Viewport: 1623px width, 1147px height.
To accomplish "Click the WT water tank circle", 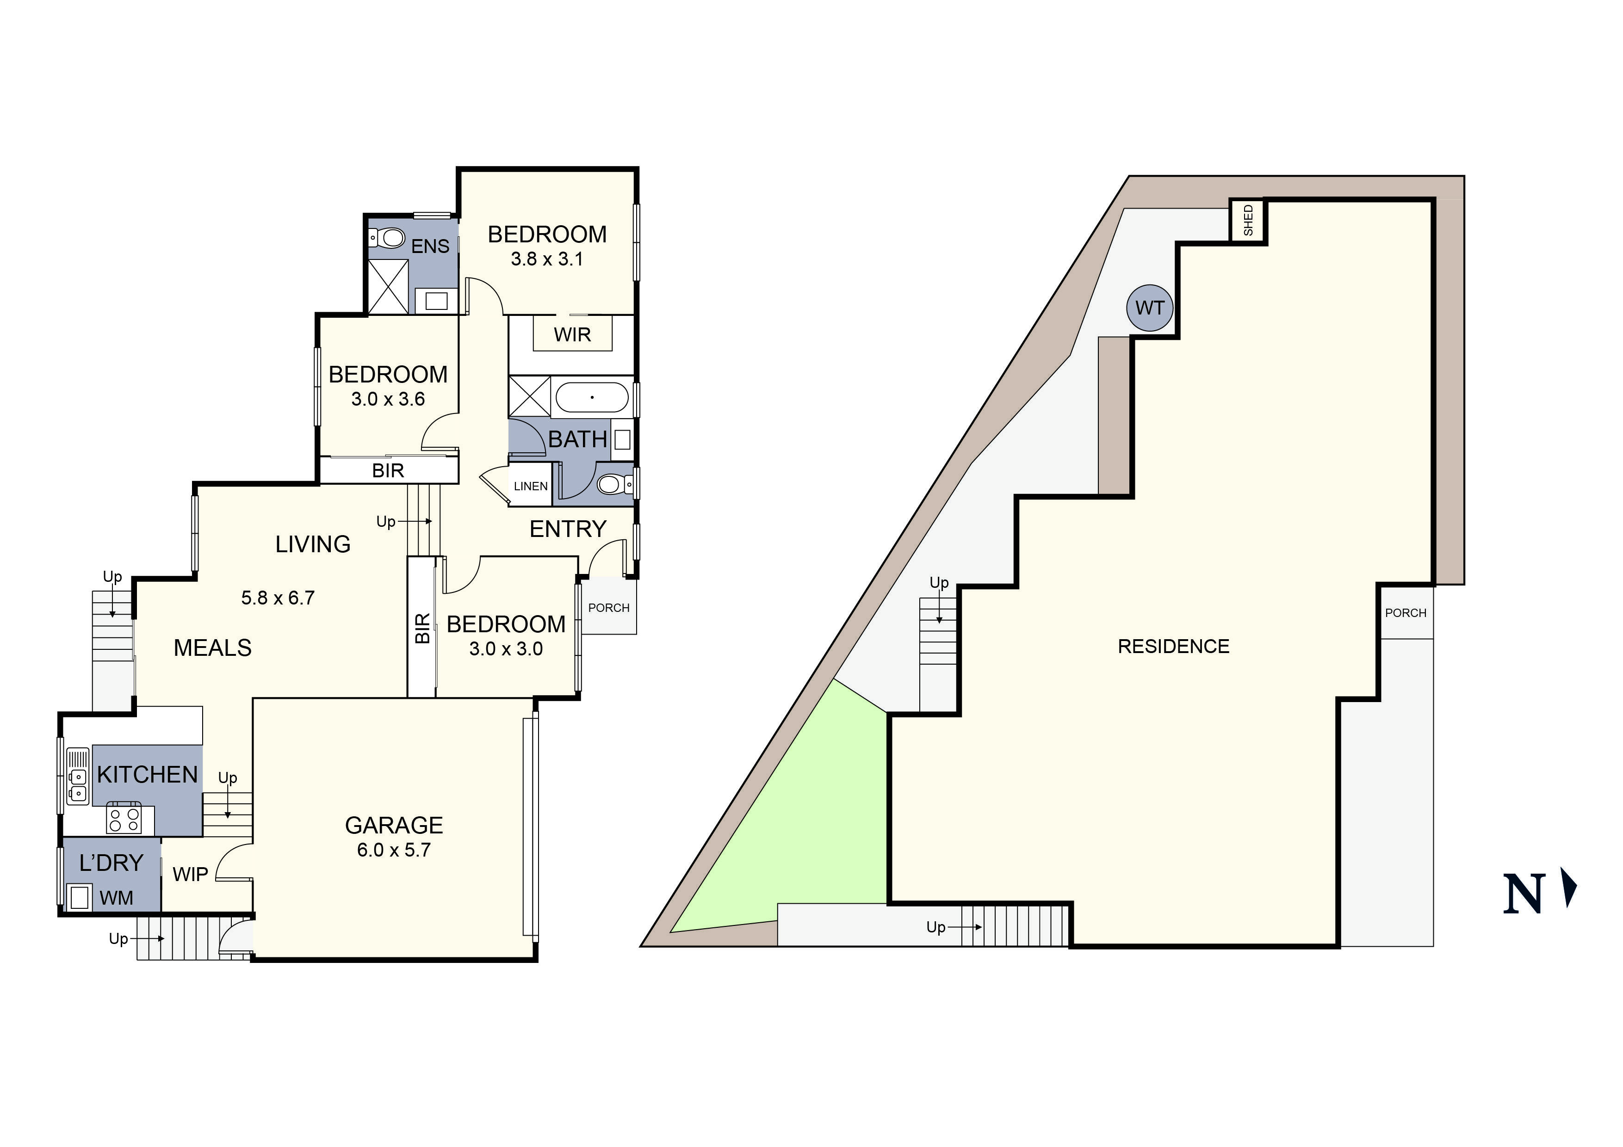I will click(x=1149, y=308).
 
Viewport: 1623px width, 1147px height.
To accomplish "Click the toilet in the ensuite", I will click(x=389, y=238).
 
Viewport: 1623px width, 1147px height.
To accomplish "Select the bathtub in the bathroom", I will click(x=592, y=397).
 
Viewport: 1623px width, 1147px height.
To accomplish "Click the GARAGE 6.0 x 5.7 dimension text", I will click(x=394, y=850).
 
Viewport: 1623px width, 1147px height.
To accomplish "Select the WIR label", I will click(x=572, y=334).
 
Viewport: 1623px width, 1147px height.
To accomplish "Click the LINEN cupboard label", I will click(x=530, y=486).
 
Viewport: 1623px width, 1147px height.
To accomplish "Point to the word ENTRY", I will click(x=568, y=529).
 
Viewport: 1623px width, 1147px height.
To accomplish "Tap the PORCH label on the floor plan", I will click(x=609, y=608).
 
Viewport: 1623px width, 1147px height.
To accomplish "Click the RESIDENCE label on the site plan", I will click(x=1173, y=646).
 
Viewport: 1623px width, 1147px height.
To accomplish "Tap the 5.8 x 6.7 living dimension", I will click(x=278, y=598).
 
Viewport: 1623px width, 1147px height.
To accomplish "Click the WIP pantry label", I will click(x=190, y=874).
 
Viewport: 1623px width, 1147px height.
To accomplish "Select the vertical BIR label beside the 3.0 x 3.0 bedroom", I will click(x=422, y=628).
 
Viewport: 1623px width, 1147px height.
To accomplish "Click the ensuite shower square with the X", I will click(x=388, y=286).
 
